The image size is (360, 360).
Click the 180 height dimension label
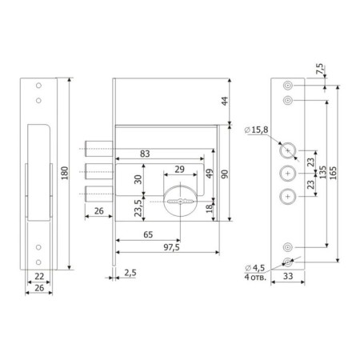(x=65, y=173)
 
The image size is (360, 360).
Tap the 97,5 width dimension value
(x=171, y=247)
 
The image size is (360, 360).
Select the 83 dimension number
(x=145, y=154)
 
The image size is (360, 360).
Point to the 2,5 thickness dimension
(x=130, y=273)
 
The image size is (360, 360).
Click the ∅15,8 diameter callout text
(x=256, y=130)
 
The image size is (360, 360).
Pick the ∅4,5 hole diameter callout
(x=254, y=268)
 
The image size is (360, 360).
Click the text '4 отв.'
(x=255, y=278)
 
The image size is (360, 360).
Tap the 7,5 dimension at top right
(x=319, y=69)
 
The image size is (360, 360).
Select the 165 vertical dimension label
(x=333, y=173)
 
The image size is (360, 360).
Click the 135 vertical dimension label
(x=322, y=172)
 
